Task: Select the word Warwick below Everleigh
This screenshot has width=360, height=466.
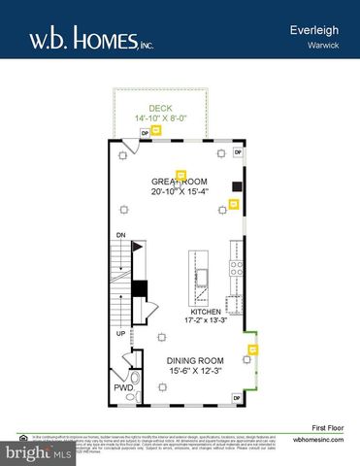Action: (324, 46)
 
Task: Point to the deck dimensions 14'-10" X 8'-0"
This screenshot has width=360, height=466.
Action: (160, 118)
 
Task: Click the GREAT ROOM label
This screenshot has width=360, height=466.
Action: (180, 181)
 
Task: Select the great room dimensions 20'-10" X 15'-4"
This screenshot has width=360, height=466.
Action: (180, 191)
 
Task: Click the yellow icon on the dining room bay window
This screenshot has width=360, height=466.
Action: (253, 349)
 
